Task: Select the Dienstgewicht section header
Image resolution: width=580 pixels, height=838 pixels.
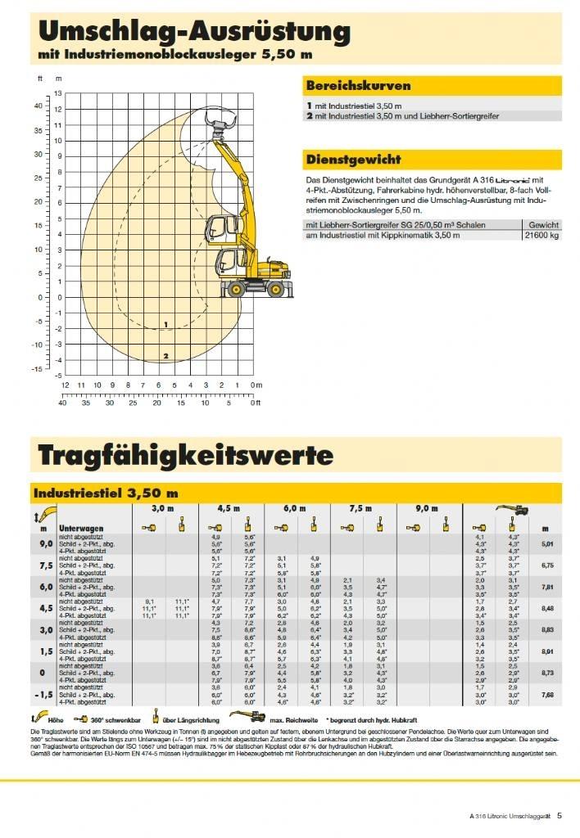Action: click(352, 159)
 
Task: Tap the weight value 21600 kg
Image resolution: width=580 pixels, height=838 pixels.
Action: click(541, 236)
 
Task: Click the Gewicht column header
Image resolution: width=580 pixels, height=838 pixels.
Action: click(543, 224)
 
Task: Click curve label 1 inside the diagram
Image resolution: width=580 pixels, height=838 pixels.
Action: click(165, 325)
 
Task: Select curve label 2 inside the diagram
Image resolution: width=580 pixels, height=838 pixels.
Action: click(165, 356)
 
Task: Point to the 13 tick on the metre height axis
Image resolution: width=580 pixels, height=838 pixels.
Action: click(58, 94)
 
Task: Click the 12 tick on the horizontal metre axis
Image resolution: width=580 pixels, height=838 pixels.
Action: click(66, 385)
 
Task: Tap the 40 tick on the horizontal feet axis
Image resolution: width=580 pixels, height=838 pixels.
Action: click(63, 403)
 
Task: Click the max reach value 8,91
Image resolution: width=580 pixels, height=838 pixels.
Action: click(548, 651)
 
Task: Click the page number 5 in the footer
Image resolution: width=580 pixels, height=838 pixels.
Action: click(559, 815)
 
